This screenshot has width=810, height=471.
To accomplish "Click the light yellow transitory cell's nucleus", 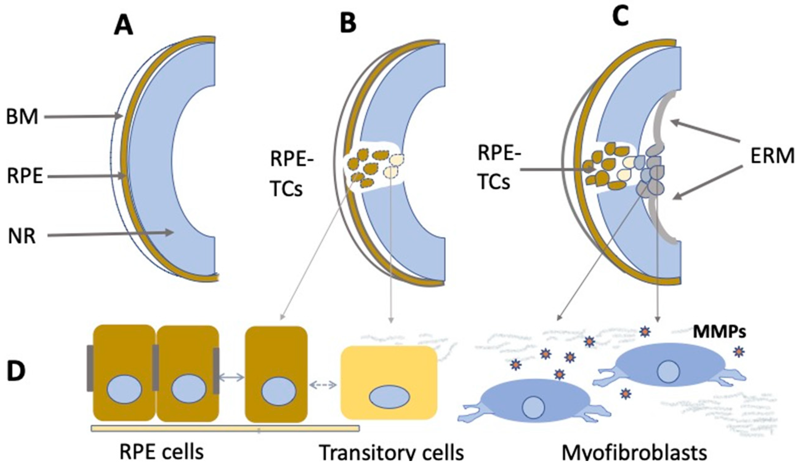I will click(389, 398).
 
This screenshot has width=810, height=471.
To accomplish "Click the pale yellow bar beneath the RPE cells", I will click(225, 428).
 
